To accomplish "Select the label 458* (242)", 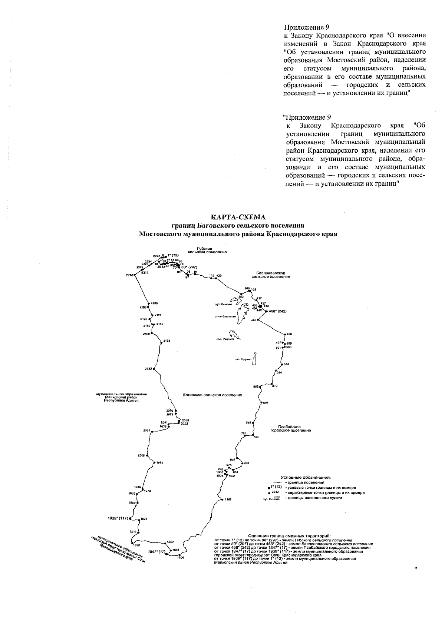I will point(277,311).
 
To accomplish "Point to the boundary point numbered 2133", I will point(154,369).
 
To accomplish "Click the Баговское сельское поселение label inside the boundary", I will point(212,395).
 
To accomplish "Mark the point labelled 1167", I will point(221,500).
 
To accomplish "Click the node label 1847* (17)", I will point(156,552).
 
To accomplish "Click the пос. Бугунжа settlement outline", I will point(256,359).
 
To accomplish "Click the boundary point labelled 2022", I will point(151,431).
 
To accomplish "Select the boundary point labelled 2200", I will point(148,304).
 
